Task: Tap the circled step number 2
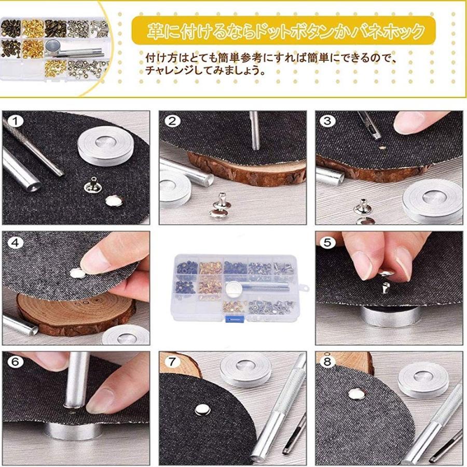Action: coord(172,122)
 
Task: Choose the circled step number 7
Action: coord(172,363)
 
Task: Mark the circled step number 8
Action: coord(327,363)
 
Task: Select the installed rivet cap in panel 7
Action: coord(200,410)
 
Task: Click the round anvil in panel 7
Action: coord(245,369)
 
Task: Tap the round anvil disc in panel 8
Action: coord(423,379)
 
